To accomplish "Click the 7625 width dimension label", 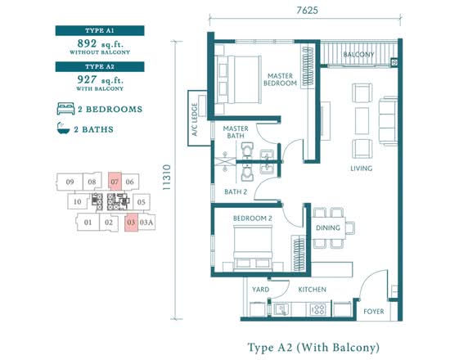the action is click(308, 11).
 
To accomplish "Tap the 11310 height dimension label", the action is click(166, 177).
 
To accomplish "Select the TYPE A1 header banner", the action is click(100, 30).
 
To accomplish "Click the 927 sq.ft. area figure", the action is click(100, 79).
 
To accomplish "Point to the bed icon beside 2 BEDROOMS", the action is click(65, 109).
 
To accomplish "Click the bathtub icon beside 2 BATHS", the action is click(63, 128).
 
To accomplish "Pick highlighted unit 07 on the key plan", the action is click(115, 182).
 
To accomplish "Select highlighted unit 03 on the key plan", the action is click(131, 223).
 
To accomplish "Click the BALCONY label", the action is click(358, 55).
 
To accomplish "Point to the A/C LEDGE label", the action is click(195, 119).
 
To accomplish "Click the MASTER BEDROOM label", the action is click(280, 79).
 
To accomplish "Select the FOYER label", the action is click(374, 312).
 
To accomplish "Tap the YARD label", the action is click(260, 290).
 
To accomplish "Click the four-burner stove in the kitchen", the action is click(318, 309).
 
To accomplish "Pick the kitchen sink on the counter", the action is click(281, 309).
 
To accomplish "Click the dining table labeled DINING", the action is click(329, 228).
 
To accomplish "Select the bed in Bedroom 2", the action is click(253, 248).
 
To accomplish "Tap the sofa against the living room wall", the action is click(389, 121).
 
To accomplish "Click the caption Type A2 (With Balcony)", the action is click(313, 348).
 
